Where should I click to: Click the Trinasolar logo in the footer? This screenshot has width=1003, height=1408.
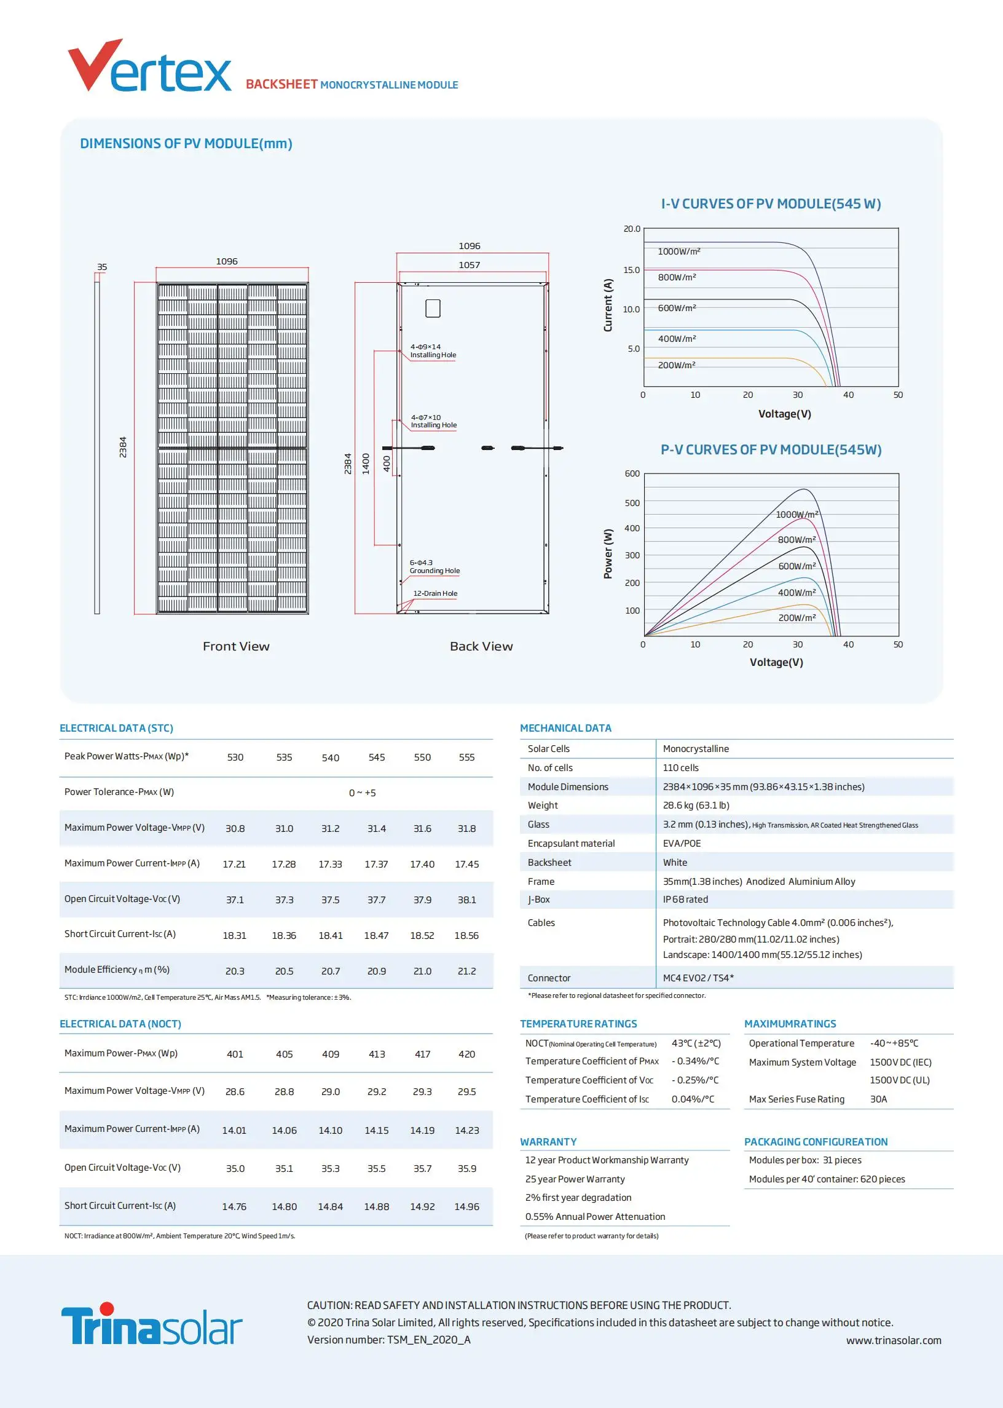tap(151, 1324)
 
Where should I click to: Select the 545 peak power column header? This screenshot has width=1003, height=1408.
tap(376, 757)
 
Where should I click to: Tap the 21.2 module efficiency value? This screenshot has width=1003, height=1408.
tap(466, 971)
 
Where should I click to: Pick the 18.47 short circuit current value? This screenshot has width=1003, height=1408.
tap(376, 935)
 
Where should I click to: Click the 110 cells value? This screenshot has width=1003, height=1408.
tap(680, 767)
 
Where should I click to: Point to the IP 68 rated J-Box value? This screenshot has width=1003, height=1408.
tap(685, 900)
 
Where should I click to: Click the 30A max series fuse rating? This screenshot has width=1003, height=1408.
tap(878, 1099)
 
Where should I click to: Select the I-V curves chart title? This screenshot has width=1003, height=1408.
tap(771, 204)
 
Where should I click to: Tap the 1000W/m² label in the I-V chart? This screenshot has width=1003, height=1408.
tap(678, 251)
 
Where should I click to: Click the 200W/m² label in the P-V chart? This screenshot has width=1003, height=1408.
tap(796, 618)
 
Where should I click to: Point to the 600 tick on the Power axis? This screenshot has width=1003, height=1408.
tap(632, 474)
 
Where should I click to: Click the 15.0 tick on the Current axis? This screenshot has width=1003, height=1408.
tap(631, 270)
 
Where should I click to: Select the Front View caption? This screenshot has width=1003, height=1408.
tap(236, 646)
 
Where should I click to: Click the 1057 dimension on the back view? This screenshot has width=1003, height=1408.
tap(469, 265)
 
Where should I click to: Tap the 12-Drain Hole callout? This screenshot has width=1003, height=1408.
tap(435, 594)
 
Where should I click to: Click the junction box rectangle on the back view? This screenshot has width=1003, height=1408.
tap(433, 308)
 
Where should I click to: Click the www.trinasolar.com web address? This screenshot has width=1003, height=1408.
tap(893, 1340)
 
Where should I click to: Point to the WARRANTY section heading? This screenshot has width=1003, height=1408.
tap(548, 1142)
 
